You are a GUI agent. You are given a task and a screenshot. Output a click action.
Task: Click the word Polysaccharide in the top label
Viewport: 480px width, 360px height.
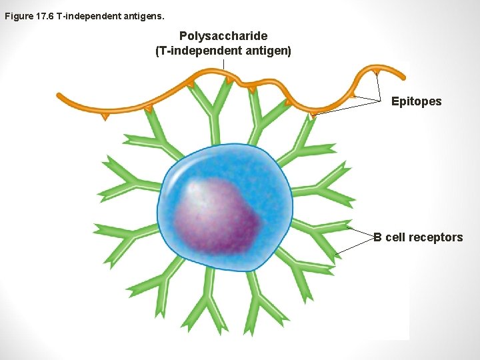[x=223, y=36]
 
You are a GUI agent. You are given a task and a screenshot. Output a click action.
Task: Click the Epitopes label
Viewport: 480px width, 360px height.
[x=416, y=101]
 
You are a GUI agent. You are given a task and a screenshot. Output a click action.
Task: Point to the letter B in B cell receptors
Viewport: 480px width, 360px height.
[x=377, y=237]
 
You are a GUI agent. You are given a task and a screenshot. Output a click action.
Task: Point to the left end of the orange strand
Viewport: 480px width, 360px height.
[x=59, y=95]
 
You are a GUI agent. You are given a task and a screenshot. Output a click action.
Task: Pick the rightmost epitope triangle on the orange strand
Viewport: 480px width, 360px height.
[x=377, y=71]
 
